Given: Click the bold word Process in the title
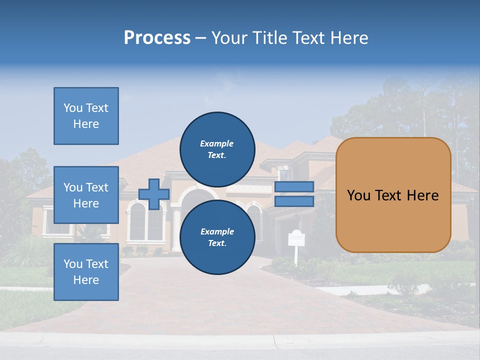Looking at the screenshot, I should (157, 38).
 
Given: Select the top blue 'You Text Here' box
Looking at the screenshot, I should (86, 116).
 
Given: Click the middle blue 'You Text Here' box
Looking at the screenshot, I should (86, 195).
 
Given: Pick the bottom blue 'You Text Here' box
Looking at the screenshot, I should (86, 271).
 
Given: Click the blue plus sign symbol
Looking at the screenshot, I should (153, 194).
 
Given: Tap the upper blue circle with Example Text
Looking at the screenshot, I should (217, 149).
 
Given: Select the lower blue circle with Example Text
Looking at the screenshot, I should (217, 237).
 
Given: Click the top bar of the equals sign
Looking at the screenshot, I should (294, 186).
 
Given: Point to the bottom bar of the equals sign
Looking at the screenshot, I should (294, 201).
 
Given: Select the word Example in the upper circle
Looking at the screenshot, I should (217, 143).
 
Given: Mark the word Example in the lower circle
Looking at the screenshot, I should (217, 231).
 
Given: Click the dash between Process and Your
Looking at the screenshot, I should (201, 38).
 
